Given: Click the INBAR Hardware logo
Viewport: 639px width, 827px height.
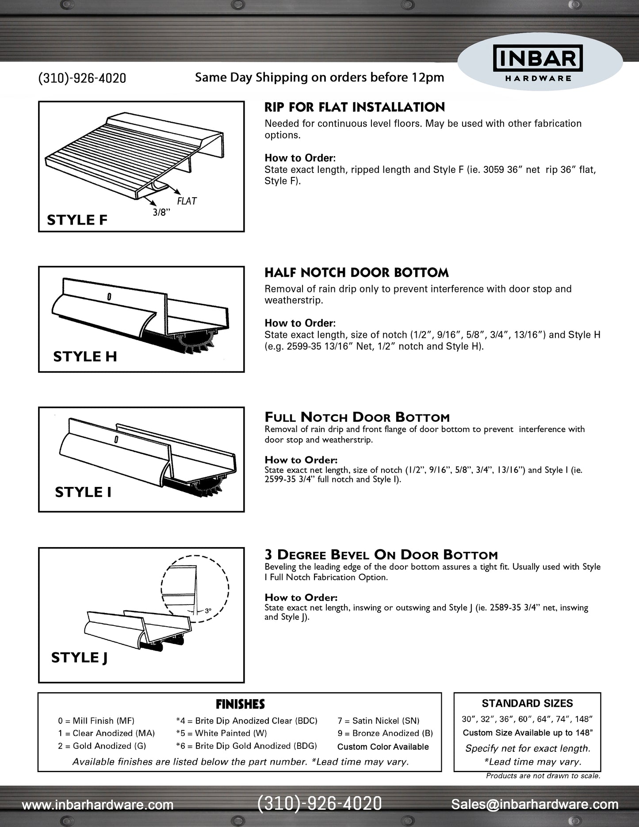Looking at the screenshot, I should coord(538,64).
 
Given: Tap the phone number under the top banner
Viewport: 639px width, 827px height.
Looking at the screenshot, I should coord(82,78).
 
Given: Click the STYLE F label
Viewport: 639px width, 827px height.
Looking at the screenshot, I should coord(77,220).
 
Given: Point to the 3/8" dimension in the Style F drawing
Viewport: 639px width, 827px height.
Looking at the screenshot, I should coord(161,212).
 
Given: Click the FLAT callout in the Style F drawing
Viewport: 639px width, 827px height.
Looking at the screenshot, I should coord(187,201).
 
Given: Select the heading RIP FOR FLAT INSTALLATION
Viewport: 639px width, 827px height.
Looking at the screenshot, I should coord(355,107).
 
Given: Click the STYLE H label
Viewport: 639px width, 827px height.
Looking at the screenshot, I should coord(85,356).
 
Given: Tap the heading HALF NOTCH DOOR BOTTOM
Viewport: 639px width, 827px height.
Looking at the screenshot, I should coord(356,272).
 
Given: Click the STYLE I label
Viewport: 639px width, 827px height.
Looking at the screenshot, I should coord(83,492).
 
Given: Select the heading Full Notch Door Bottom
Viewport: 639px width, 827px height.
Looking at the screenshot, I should coord(357,417).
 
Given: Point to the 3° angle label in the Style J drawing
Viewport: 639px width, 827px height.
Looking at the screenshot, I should coord(208,611).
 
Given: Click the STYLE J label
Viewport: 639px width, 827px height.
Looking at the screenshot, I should coord(80,658).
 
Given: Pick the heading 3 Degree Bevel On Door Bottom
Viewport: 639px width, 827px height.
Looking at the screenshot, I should coord(381,555).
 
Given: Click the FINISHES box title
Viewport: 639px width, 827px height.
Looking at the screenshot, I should coord(240,704).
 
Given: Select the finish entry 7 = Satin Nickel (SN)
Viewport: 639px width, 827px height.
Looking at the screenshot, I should coord(379,721).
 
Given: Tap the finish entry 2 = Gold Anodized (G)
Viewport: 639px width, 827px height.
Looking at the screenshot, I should coord(102,746).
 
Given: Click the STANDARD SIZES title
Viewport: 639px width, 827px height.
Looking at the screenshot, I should coord(527,703).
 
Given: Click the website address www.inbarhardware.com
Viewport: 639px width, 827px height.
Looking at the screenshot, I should coord(98,805).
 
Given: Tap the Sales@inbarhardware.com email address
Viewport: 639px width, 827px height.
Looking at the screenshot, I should coord(535,804).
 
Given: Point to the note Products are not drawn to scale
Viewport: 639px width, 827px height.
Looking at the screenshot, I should coord(543,776).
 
